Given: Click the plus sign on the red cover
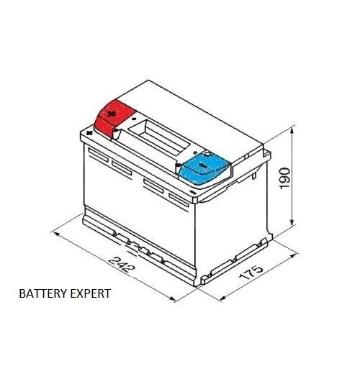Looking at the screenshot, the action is pyautogui.click(x=111, y=114).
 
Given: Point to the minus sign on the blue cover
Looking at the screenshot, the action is pyautogui.click(x=202, y=165).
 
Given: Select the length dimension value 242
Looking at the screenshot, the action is pyautogui.click(x=122, y=265).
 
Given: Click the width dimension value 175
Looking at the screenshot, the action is pyautogui.click(x=251, y=273).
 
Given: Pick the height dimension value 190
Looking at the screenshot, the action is pyautogui.click(x=284, y=178).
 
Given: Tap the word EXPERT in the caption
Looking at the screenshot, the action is pyautogui.click(x=91, y=293).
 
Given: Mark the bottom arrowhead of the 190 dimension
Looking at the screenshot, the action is pyautogui.click(x=292, y=222).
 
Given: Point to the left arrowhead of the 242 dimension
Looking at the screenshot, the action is pyautogui.click(x=56, y=234).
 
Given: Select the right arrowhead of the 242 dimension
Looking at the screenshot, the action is pyautogui.click(x=172, y=299).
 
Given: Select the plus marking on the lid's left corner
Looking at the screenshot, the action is pyautogui.click(x=89, y=132).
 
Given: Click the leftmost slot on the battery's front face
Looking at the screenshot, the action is pyautogui.click(x=98, y=155).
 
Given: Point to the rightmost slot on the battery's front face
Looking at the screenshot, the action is pyautogui.click(x=179, y=200).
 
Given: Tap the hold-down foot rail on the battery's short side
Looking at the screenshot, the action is pyautogui.click(x=234, y=261).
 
